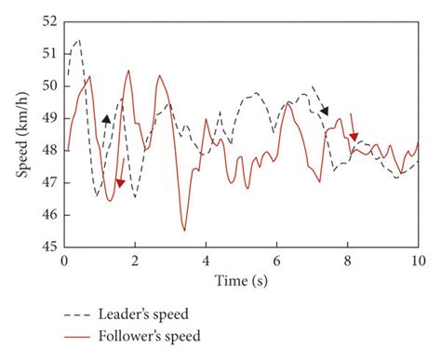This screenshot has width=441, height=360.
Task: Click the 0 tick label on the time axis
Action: [x=64, y=262]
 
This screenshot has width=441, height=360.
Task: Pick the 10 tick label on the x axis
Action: [x=418, y=262]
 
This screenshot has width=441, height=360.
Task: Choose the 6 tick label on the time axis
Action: [x=276, y=262]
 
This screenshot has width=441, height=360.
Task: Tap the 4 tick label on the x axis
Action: [x=206, y=262]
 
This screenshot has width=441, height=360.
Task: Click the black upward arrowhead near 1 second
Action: [x=106, y=119]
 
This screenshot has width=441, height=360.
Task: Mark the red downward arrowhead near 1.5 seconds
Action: [x=120, y=183]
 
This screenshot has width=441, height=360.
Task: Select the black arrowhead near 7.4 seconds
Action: [x=325, y=112]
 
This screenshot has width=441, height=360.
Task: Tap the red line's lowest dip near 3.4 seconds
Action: [x=184, y=230]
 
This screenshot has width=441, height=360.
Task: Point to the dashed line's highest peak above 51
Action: [x=79, y=40]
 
